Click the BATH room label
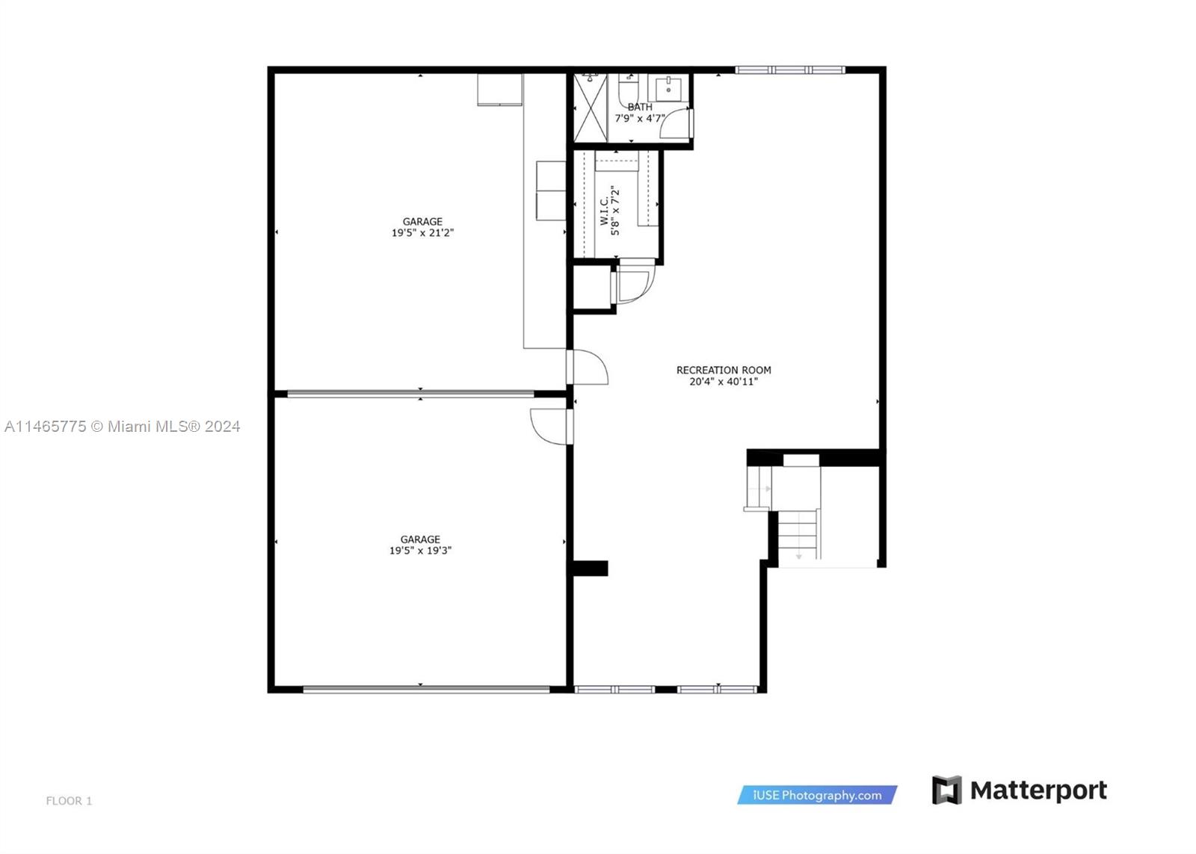pos(640,107)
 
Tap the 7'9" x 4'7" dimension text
pos(640,118)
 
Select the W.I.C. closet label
pos(605,211)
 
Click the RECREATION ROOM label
pos(724,370)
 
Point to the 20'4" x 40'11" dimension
pos(724,382)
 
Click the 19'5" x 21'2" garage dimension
pos(422,233)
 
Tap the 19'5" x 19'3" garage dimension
pos(420,551)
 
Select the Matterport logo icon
pos(946,790)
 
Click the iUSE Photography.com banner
pos(817,795)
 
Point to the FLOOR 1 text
pos(69,801)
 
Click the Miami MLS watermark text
pos(123,427)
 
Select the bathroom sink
pos(668,89)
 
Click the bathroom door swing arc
pos(676,123)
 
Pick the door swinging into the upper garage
pos(590,367)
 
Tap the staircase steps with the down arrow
pos(798,533)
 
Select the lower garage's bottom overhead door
pos(426,690)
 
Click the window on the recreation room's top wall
pos(790,70)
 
